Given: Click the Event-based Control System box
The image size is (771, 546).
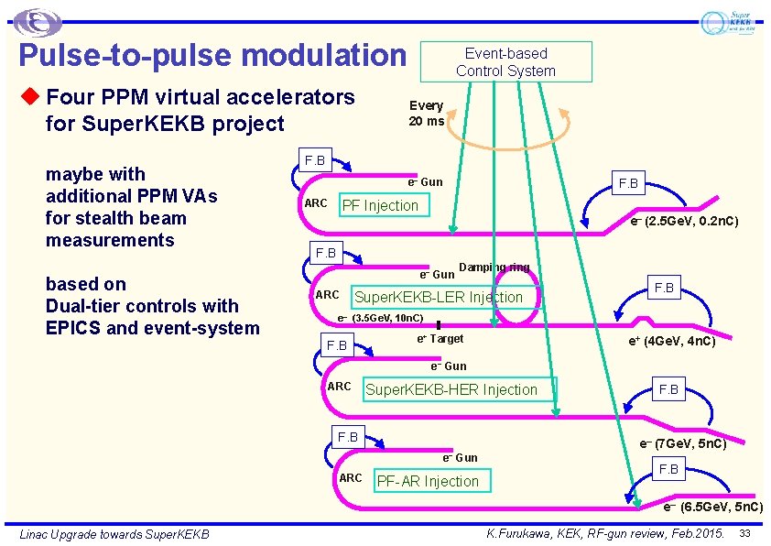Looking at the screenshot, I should [505, 62].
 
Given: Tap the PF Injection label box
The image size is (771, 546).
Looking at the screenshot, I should [380, 205].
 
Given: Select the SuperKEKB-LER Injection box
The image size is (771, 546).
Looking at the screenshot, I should [439, 297].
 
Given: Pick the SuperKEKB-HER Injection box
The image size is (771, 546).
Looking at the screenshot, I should [451, 389].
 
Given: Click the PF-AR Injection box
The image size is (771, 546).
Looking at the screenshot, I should [429, 481].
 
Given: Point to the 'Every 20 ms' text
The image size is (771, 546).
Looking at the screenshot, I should [426, 114].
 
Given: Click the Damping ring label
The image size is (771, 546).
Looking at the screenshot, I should [494, 268].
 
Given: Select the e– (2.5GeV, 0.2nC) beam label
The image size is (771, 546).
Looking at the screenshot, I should [684, 221].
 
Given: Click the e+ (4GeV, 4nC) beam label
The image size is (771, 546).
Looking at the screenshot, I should [671, 342].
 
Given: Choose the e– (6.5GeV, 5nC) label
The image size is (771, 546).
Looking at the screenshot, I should [713, 507].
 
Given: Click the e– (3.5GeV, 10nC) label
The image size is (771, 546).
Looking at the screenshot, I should [380, 318].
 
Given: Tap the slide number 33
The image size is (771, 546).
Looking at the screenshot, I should [744, 533].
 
